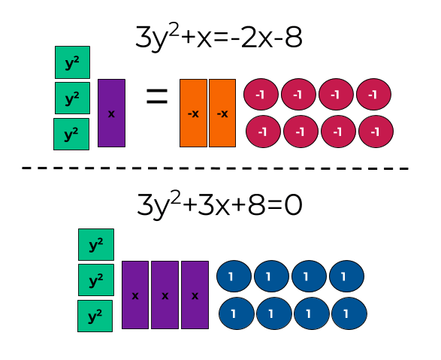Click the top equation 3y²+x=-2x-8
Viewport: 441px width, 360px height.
click(219, 38)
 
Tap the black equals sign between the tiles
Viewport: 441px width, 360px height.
click(156, 97)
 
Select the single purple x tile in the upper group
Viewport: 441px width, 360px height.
click(111, 113)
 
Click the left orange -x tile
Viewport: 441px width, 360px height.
click(193, 113)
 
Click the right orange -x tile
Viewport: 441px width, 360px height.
click(222, 113)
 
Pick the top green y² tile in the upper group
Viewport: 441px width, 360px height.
click(72, 62)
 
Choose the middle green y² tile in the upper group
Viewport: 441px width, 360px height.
click(72, 98)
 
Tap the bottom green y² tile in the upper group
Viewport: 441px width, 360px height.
click(71, 134)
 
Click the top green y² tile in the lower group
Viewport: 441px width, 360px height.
click(96, 244)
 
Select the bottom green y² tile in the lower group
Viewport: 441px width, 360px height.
click(95, 316)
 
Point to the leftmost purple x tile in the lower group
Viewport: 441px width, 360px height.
click(135, 295)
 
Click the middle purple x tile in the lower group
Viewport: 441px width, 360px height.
click(165, 295)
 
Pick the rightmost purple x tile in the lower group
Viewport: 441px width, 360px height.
click(195, 295)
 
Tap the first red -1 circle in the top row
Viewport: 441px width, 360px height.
click(261, 95)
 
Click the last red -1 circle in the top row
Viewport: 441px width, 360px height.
click(373, 95)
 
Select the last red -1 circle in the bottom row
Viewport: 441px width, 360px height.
click(376, 131)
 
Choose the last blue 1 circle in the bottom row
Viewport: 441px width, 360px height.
click(349, 313)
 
